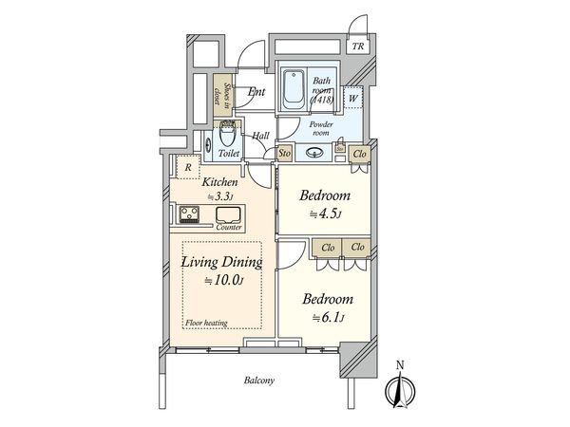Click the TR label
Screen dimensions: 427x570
pos(358,46)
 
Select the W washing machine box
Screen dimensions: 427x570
pos(352,96)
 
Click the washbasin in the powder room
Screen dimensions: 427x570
pos(314,152)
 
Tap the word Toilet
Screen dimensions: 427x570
pos(229,152)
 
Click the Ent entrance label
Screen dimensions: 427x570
pos(256,92)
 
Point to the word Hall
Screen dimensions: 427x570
pos(260,136)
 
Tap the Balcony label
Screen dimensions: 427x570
pos(256,381)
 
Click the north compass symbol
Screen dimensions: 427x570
pos(400,387)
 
